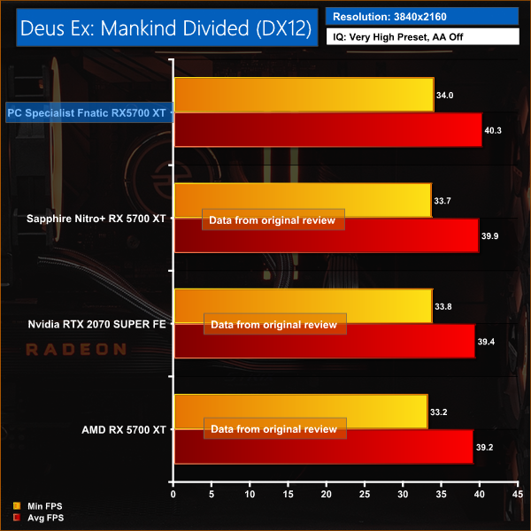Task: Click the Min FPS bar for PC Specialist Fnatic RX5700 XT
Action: click(304, 95)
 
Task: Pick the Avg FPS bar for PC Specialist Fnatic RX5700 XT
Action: click(327, 129)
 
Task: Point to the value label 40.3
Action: click(495, 130)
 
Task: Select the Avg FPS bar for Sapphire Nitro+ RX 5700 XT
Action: click(326, 235)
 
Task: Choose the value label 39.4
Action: click(488, 342)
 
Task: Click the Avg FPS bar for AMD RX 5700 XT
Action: click(323, 447)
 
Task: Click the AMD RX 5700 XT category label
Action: click(123, 430)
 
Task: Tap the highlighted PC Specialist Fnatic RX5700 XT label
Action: click(88, 112)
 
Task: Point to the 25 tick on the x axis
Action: click(366, 495)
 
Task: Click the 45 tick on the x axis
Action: click(519, 495)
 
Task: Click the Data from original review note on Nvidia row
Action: click(274, 325)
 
